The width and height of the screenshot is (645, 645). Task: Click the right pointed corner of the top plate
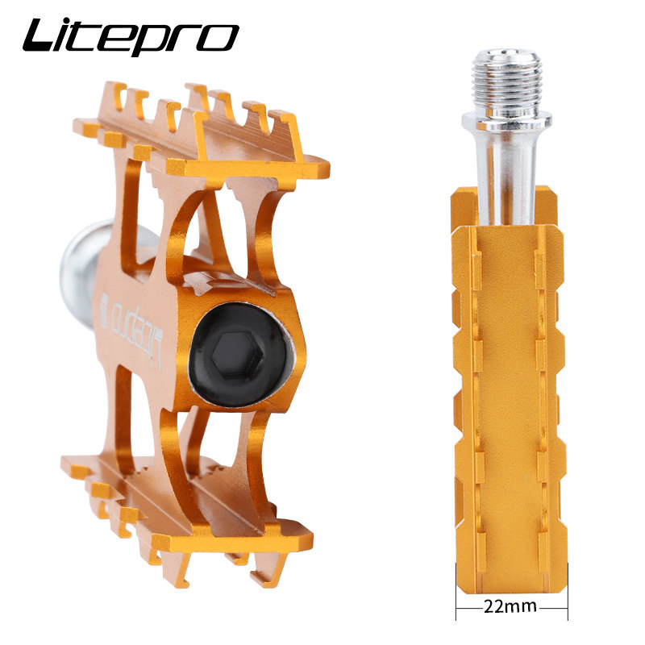(326, 170)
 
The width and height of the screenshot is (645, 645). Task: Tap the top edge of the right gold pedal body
(508, 227)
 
